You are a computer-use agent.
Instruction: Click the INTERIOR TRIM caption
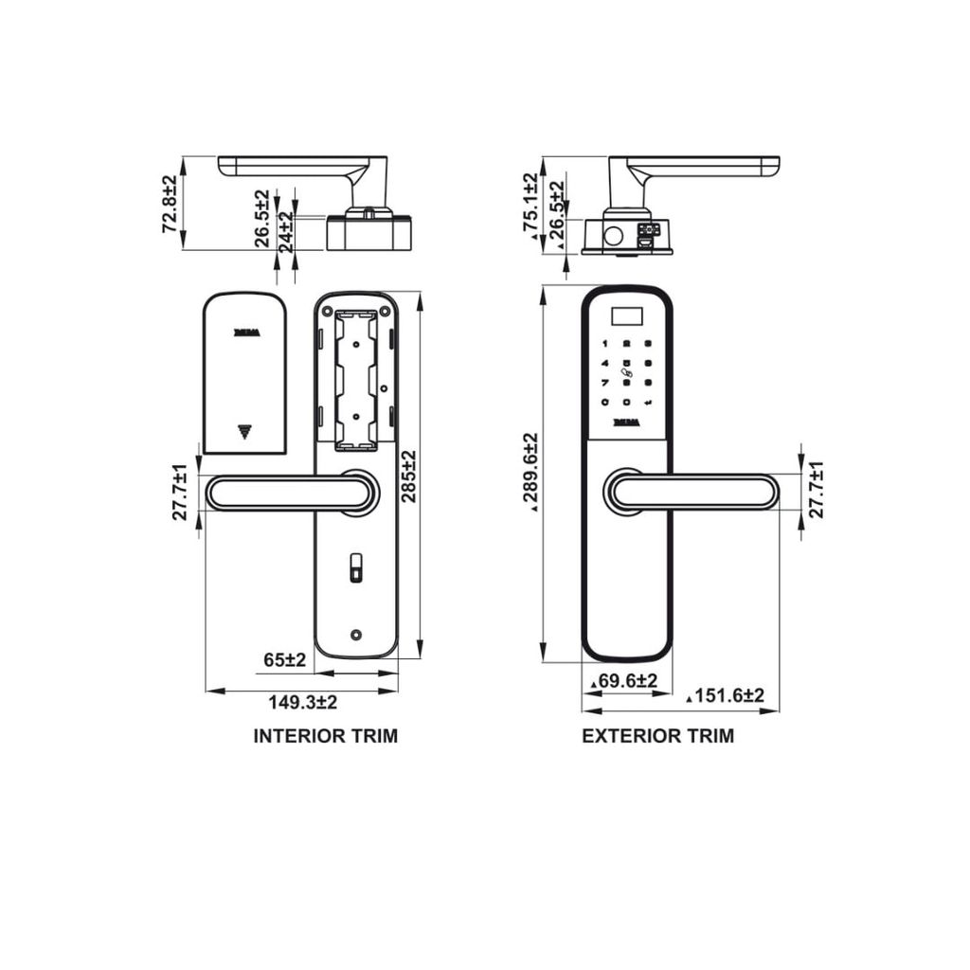click(325, 736)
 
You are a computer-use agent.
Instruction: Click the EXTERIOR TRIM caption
click(657, 736)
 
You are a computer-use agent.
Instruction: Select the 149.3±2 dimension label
click(303, 703)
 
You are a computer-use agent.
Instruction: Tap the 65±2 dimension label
click(285, 660)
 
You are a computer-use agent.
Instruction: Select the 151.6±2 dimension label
click(727, 696)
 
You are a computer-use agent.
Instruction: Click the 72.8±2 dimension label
click(170, 204)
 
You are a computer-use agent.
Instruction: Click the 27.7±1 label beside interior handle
click(179, 492)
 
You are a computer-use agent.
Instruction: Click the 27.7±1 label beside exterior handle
click(817, 490)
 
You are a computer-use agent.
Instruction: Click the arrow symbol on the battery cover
click(244, 432)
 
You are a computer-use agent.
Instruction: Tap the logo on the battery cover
click(245, 332)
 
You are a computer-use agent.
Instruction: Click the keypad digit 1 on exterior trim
click(603, 345)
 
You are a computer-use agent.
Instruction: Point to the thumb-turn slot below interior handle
click(355, 568)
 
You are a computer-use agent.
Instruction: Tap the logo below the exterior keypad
click(626, 422)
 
